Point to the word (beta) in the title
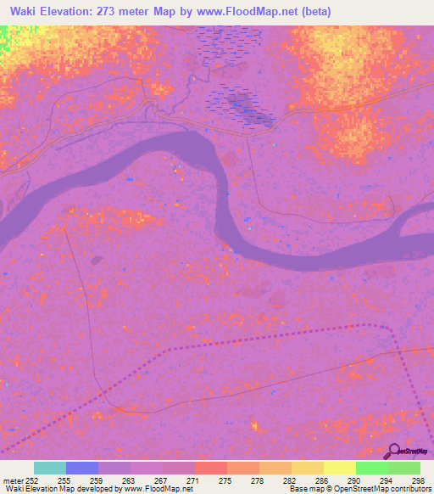click(x=312, y=12)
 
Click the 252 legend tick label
click(x=29, y=480)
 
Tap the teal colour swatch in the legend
click(x=50, y=468)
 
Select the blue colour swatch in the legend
click(x=82, y=468)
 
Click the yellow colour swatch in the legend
click(x=307, y=468)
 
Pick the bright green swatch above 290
click(x=371, y=468)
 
